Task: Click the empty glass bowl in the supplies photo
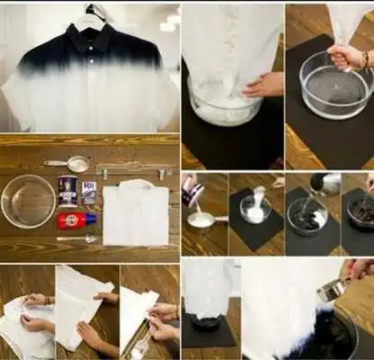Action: [x=28, y=201]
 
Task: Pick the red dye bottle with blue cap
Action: [x=75, y=220]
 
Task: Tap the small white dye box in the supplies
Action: [x=88, y=193]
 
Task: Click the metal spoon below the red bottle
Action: [x=76, y=238]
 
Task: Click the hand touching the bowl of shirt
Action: [x=263, y=85]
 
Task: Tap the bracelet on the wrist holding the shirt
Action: [x=365, y=59]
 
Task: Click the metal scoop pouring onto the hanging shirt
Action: [x=333, y=290]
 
